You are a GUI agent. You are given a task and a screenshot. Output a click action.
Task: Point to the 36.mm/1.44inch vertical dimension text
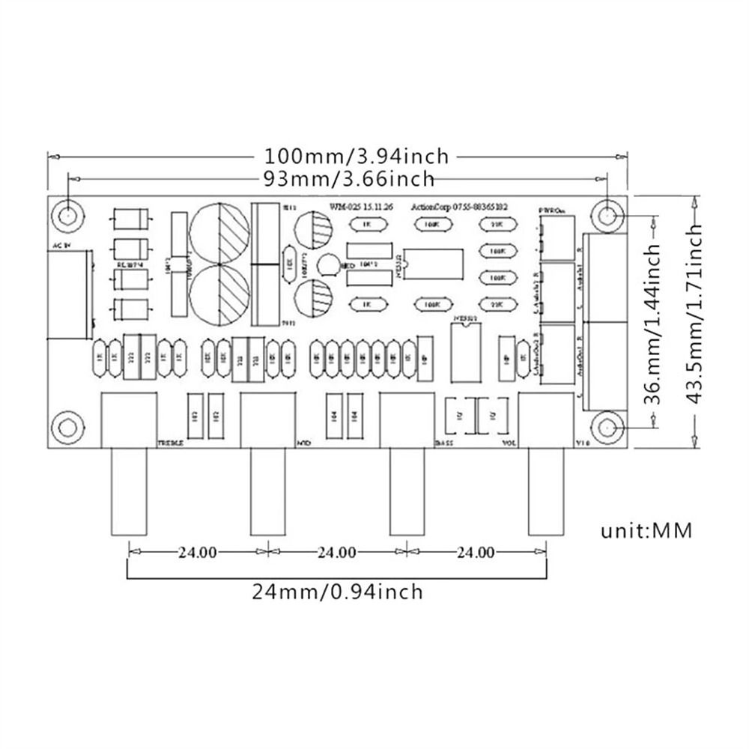(654, 321)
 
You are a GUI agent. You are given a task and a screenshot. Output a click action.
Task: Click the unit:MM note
(646, 531)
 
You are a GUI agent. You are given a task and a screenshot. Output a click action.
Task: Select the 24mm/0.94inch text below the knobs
(337, 592)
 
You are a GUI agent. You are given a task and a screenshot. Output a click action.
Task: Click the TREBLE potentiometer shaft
(129, 491)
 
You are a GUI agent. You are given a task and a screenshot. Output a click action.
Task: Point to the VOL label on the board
(509, 443)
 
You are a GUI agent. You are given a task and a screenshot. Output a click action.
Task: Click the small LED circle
(327, 264)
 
